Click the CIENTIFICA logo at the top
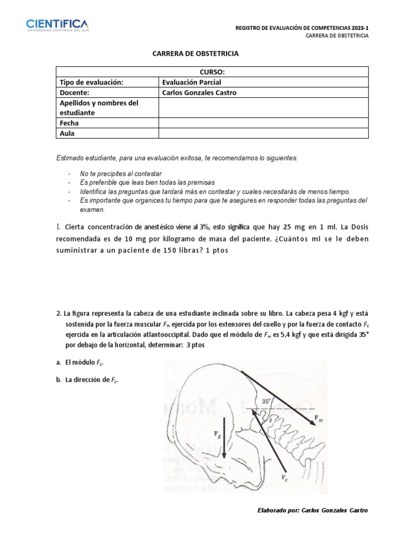pyautogui.click(x=57, y=25)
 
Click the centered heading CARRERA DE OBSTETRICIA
pyautogui.click(x=195, y=54)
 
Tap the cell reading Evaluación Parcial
pyautogui.click(x=192, y=82)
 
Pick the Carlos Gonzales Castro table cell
pyautogui.click(x=199, y=93)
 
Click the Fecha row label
pyautogui.click(x=69, y=123)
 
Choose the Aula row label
pyautogui.click(x=67, y=133)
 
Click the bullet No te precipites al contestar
pyautogui.click(x=120, y=173)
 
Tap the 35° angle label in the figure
pyautogui.click(x=267, y=401)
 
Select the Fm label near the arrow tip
pyautogui.click(x=319, y=418)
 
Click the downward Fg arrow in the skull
pyautogui.click(x=225, y=437)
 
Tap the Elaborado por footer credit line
pyautogui.click(x=312, y=510)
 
